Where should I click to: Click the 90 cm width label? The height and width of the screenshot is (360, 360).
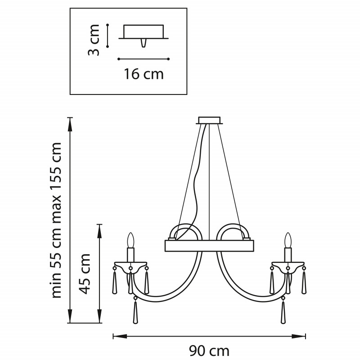pyautogui.click(x=209, y=351)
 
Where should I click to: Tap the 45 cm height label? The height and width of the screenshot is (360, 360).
pyautogui.click(x=84, y=274)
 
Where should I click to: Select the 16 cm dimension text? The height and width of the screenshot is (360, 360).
pyautogui.click(x=144, y=74)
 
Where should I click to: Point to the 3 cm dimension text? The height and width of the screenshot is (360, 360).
pyautogui.click(x=94, y=40)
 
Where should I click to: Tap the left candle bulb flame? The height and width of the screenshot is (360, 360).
pyautogui.click(x=130, y=240)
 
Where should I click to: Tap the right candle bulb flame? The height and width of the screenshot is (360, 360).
pyautogui.click(x=288, y=240)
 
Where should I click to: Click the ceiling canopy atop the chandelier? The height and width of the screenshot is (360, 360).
pyautogui.click(x=209, y=121)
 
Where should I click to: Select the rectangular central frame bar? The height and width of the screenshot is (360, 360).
pyautogui.click(x=209, y=246)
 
